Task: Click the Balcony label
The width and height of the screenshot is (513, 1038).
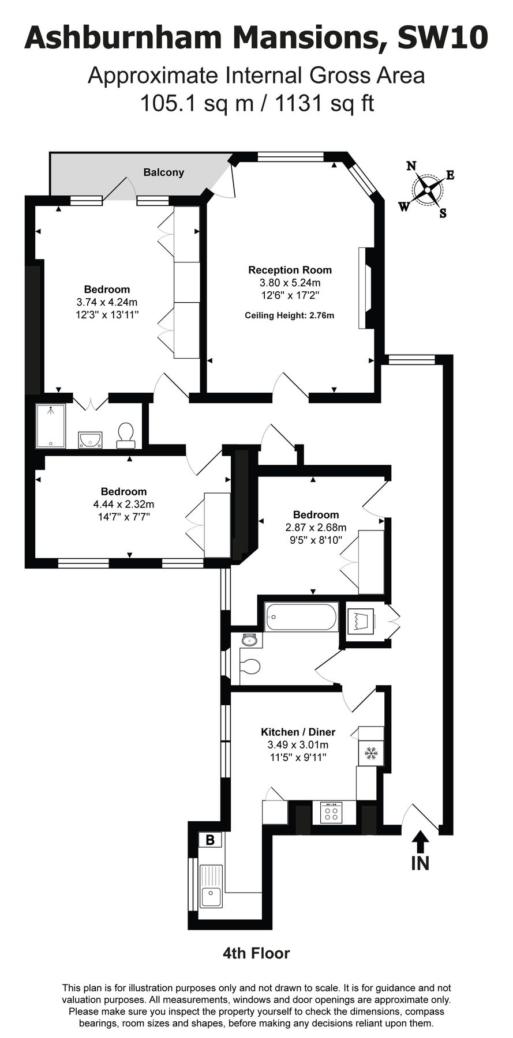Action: click(x=164, y=172)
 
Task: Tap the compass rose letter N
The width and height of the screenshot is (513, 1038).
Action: click(x=411, y=166)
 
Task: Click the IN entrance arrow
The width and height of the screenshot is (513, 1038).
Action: click(x=420, y=849)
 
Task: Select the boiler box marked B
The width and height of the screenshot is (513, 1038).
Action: click(x=210, y=840)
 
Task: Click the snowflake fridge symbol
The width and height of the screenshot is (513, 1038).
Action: click(x=370, y=753)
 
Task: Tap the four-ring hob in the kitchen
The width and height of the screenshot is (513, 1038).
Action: click(x=331, y=813)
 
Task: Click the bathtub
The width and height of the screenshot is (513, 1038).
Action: click(x=301, y=617)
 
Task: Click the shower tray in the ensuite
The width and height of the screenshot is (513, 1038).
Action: click(x=51, y=426)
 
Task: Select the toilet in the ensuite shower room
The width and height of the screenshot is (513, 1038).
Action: click(x=125, y=434)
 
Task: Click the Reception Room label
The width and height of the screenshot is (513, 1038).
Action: click(x=290, y=270)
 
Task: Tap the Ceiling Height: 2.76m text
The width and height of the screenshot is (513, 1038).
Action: click(x=290, y=315)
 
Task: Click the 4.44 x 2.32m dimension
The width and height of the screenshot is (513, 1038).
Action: click(x=123, y=504)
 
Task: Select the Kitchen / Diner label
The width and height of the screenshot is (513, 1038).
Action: click(x=298, y=732)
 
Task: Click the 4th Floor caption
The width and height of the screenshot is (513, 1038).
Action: click(x=256, y=953)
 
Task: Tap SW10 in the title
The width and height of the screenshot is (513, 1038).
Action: click(x=443, y=38)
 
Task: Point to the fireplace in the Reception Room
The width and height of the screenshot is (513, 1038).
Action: click(x=364, y=288)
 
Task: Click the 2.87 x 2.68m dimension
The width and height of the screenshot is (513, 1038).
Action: click(x=316, y=527)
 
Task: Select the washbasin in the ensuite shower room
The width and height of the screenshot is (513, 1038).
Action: click(x=91, y=440)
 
